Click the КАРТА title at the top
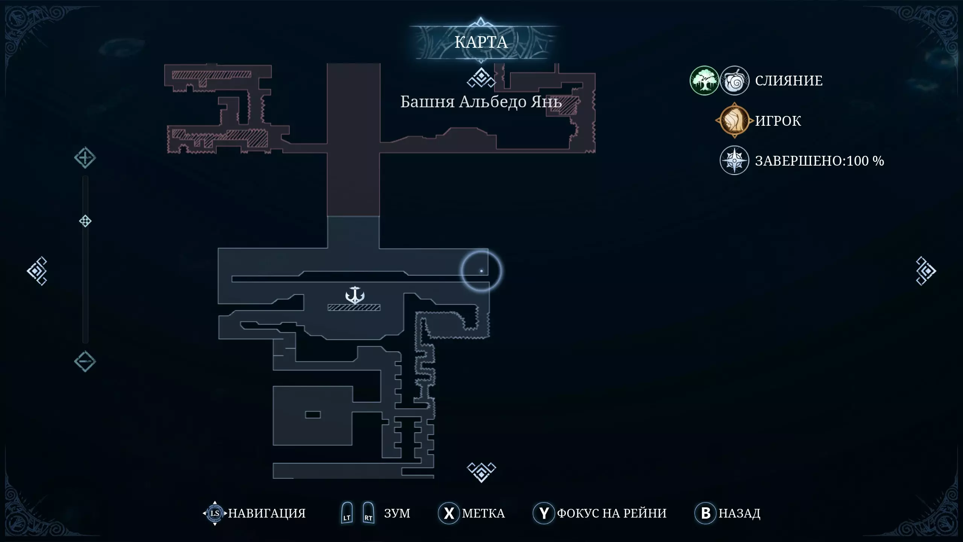pos(481,42)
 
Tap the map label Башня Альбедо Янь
pos(481,102)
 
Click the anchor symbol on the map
pos(355,295)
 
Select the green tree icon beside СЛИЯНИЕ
pos(704,81)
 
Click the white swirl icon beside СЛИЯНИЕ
pos(734,81)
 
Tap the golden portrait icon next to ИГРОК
pos(734,120)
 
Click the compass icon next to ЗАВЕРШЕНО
pos(734,160)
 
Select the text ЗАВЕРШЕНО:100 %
pos(819,161)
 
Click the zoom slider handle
pos(85,221)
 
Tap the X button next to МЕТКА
pos(449,513)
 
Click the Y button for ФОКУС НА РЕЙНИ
pos(544,513)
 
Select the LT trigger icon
pos(347,513)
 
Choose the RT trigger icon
pos(368,513)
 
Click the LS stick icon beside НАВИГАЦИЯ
pos(215,513)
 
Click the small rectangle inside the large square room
pos(313,415)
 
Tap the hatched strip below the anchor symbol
pos(354,308)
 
